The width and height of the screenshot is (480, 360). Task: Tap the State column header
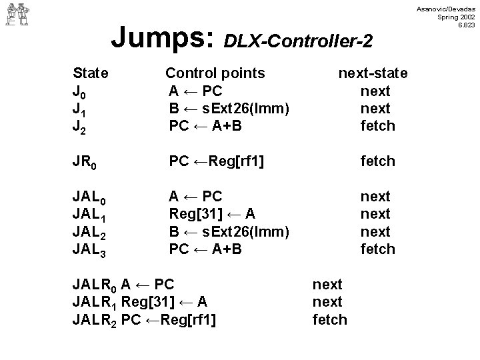[x=91, y=73]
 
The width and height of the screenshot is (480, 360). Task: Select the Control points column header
[x=215, y=73]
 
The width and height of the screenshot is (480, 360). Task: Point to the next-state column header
[x=373, y=73]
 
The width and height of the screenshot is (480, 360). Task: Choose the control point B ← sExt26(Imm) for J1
[x=227, y=108]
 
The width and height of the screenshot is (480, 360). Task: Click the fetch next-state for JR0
[x=377, y=161]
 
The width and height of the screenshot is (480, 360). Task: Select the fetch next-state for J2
[x=377, y=125]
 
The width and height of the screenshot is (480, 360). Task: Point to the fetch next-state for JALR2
[x=330, y=319]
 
